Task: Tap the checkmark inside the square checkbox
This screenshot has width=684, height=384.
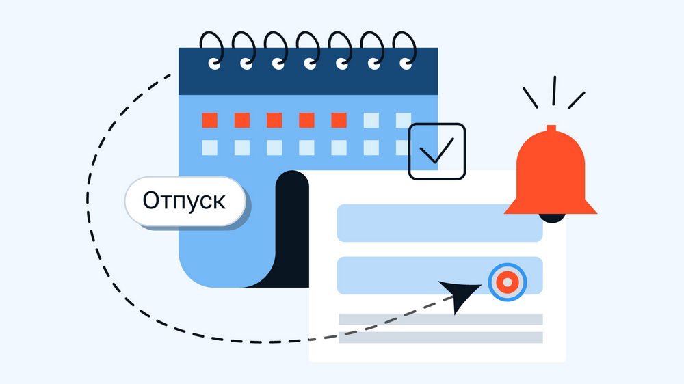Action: click(436, 152)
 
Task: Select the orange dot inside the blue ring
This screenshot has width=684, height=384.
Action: click(508, 282)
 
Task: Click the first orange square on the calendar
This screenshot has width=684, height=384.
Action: click(209, 121)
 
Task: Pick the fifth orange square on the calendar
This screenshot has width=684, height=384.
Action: click(339, 121)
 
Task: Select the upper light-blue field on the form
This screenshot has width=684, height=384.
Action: click(440, 223)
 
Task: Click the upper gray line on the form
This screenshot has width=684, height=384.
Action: click(440, 319)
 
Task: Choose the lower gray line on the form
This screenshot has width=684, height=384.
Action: click(440, 338)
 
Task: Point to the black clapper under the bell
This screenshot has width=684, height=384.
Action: click(552, 218)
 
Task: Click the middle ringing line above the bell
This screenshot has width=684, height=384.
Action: click(553, 90)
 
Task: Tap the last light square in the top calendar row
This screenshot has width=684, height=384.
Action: click(404, 121)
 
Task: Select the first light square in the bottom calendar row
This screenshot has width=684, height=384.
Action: click(209, 148)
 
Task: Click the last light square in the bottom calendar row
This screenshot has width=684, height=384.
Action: click(404, 148)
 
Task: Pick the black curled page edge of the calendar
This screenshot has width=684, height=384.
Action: click(291, 232)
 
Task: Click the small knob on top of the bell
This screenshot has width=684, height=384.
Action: click(551, 128)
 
